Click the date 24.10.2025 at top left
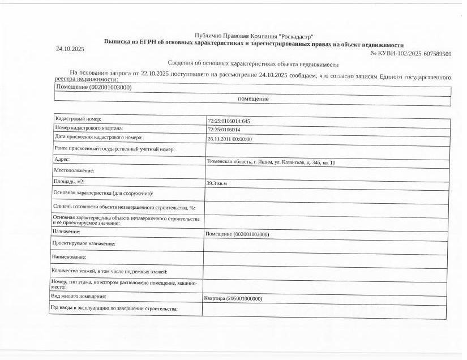coord(70,49)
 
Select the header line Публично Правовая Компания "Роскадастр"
coord(254,36)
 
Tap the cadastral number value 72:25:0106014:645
coord(229,121)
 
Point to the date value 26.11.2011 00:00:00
coord(229,139)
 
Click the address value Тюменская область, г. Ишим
coord(271,162)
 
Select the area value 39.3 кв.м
coord(216,183)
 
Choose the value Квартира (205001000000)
coord(233,298)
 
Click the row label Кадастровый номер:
coord(78,119)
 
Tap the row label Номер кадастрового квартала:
coord(88,128)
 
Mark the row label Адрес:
coord(62,160)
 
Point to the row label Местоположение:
coord(74,170)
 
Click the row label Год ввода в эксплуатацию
coord(114,308)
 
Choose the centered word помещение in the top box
coord(253,99)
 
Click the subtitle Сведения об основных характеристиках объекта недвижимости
coord(253,65)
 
